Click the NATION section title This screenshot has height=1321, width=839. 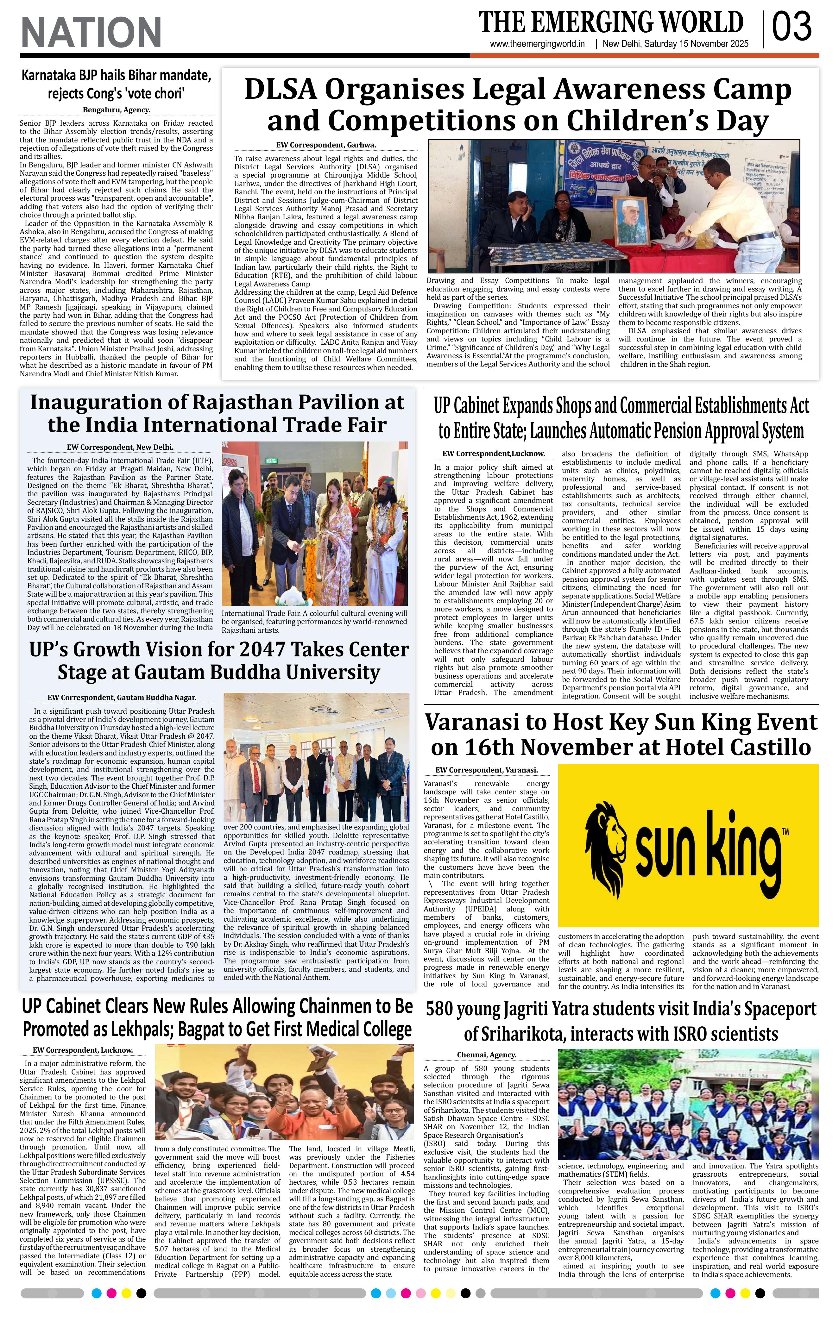(91, 32)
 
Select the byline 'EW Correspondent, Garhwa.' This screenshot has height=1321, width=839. (326, 145)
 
